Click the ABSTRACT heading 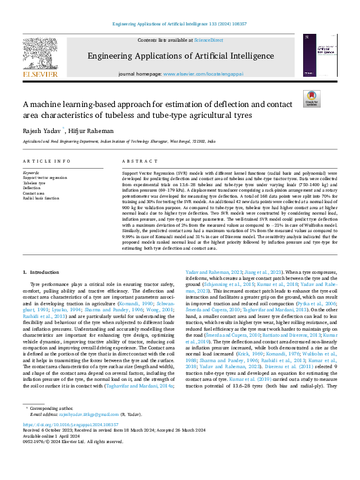(x=136, y=161)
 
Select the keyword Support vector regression (x=45, y=177)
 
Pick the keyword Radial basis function (x=41, y=198)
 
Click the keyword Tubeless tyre (x=34, y=183)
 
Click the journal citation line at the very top (x=180, y=23)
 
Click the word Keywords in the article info (x=30, y=172)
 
